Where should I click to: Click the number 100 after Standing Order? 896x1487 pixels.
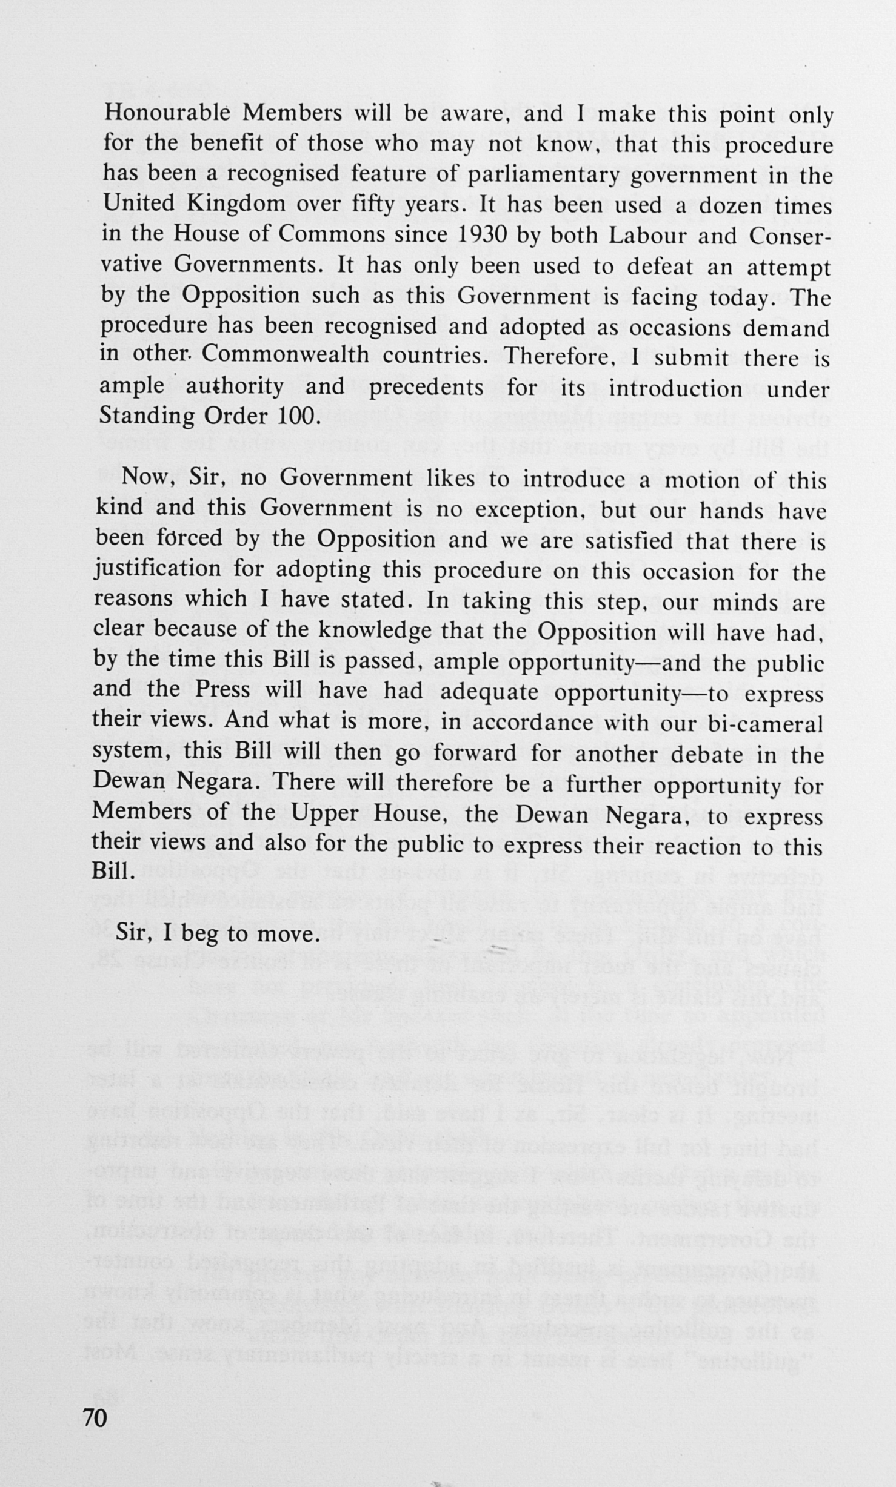coord(296,416)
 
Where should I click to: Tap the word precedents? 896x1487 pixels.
coord(426,386)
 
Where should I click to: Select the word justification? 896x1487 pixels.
coord(158,569)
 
